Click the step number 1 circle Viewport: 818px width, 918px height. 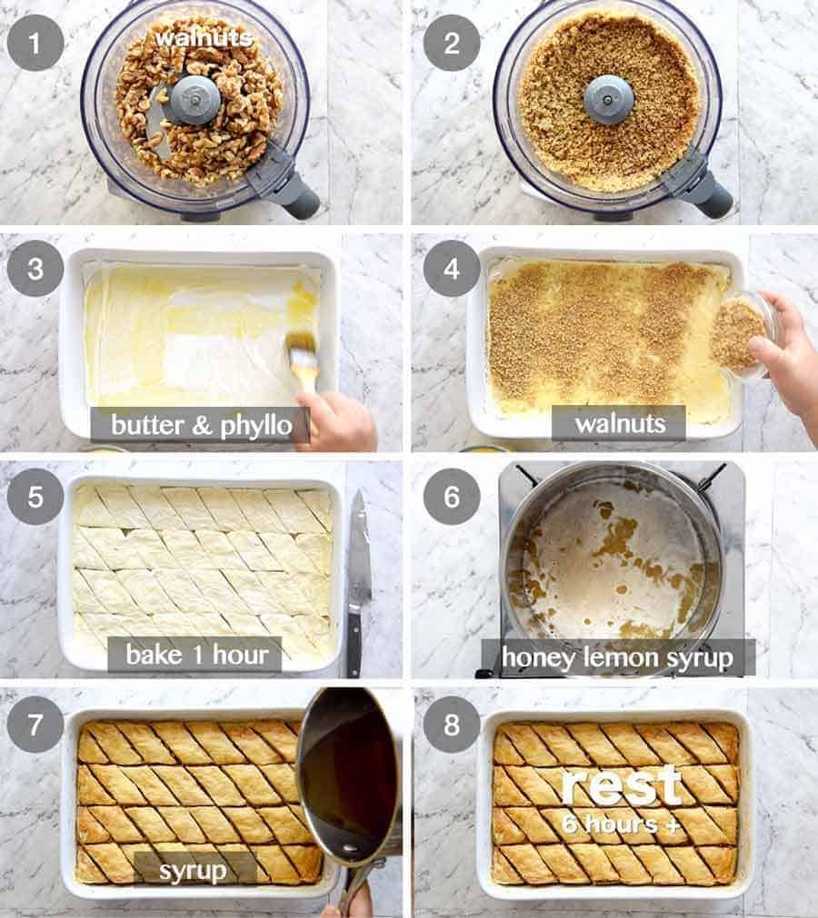(x=35, y=42)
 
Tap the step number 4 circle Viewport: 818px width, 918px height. (x=452, y=268)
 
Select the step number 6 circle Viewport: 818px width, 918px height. (x=452, y=496)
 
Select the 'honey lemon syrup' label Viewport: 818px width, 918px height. (x=617, y=656)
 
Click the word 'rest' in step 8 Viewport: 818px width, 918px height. (x=621, y=785)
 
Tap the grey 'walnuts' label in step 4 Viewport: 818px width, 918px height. (x=618, y=423)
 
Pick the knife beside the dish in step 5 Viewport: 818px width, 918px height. (x=357, y=581)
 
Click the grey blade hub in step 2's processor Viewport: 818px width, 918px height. (x=608, y=99)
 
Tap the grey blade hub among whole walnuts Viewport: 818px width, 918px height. (x=195, y=99)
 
